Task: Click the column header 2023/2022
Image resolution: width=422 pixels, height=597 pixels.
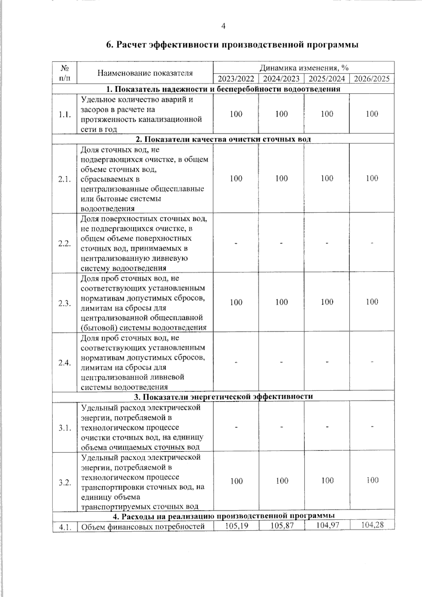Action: (236, 78)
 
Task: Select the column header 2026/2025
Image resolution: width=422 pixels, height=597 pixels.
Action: (372, 78)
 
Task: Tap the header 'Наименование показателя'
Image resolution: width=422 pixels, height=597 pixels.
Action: (145, 73)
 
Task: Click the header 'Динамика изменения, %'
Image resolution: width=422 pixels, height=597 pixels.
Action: (304, 68)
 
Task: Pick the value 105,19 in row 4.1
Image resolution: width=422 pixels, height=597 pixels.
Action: (236, 525)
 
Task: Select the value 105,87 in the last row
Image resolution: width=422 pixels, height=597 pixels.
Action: (282, 525)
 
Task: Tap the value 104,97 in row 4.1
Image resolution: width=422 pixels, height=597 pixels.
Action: (327, 525)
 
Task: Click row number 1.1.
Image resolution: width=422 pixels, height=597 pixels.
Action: (65, 115)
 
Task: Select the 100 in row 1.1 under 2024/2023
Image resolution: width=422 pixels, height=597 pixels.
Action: (281, 114)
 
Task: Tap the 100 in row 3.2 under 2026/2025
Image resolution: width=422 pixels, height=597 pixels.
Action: (372, 480)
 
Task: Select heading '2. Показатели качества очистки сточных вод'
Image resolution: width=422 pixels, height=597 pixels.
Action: (223, 139)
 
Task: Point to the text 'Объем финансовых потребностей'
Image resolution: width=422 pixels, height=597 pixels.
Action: (143, 527)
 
